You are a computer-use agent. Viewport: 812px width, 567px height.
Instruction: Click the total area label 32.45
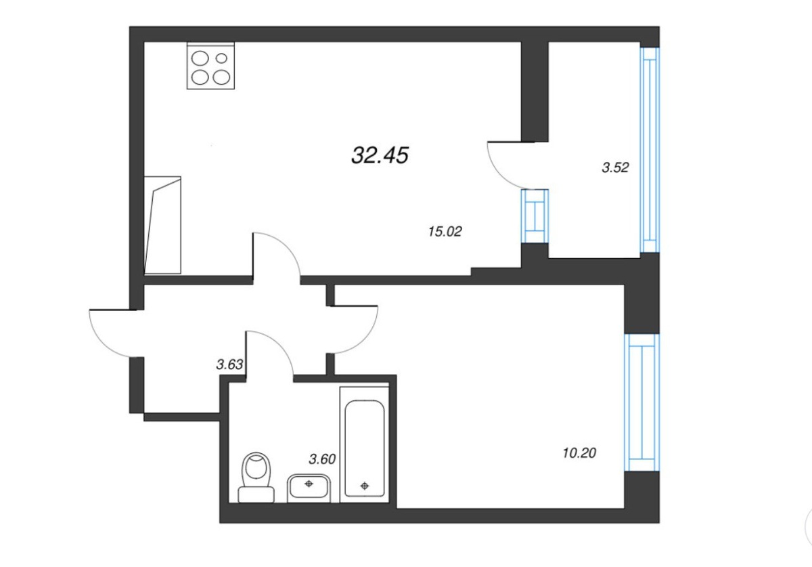tap(380, 155)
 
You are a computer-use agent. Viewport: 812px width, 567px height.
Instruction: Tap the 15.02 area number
tap(445, 231)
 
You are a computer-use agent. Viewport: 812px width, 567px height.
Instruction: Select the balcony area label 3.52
tap(615, 167)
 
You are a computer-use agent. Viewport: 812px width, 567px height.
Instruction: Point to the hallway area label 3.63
tap(229, 364)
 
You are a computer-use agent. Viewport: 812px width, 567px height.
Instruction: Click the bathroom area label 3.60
tap(322, 459)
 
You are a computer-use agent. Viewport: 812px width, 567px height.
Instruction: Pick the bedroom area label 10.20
tap(579, 453)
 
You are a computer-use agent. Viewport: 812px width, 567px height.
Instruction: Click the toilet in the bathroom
tap(256, 478)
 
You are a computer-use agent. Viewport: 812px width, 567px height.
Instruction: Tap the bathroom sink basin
tap(309, 488)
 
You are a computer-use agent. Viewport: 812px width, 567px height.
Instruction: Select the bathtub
tap(364, 445)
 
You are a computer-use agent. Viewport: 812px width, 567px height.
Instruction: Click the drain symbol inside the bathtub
tap(365, 486)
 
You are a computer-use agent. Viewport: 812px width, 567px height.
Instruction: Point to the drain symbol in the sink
tap(309, 484)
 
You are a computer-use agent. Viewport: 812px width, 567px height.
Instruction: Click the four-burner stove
tap(210, 66)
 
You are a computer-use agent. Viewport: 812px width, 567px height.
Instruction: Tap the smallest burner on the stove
tap(221, 58)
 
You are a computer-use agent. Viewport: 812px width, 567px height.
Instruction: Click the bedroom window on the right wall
tap(642, 402)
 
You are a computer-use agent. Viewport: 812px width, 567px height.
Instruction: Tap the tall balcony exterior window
tap(650, 150)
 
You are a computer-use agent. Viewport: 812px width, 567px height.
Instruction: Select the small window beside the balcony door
tap(535, 216)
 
